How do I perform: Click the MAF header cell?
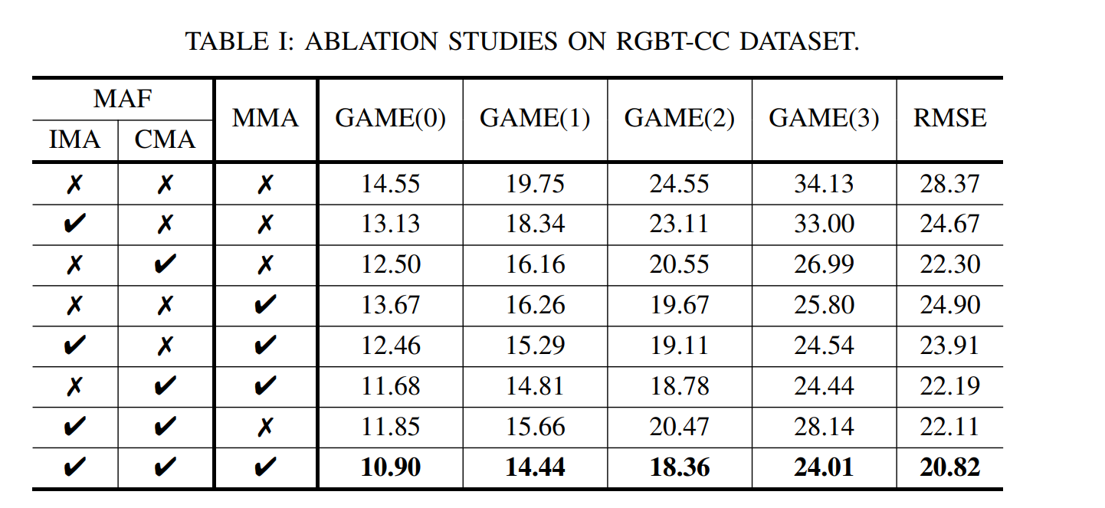pyautogui.click(x=123, y=99)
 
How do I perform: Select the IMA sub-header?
pyautogui.click(x=74, y=139)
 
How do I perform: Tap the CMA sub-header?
pyautogui.click(x=165, y=139)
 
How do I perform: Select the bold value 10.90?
pyautogui.click(x=390, y=467)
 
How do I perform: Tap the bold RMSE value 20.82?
pyautogui.click(x=949, y=467)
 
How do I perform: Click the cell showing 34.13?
pyautogui.click(x=824, y=184)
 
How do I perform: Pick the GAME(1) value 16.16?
pyautogui.click(x=535, y=264)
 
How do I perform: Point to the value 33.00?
pyautogui.click(x=824, y=224)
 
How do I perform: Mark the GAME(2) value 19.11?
pyautogui.click(x=679, y=346)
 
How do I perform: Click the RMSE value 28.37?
pyautogui.click(x=949, y=184)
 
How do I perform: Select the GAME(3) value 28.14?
pyautogui.click(x=824, y=426)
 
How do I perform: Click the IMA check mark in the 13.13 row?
pyautogui.click(x=74, y=225)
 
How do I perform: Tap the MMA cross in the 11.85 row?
pyautogui.click(x=265, y=427)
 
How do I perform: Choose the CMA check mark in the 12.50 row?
pyautogui.click(x=165, y=265)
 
